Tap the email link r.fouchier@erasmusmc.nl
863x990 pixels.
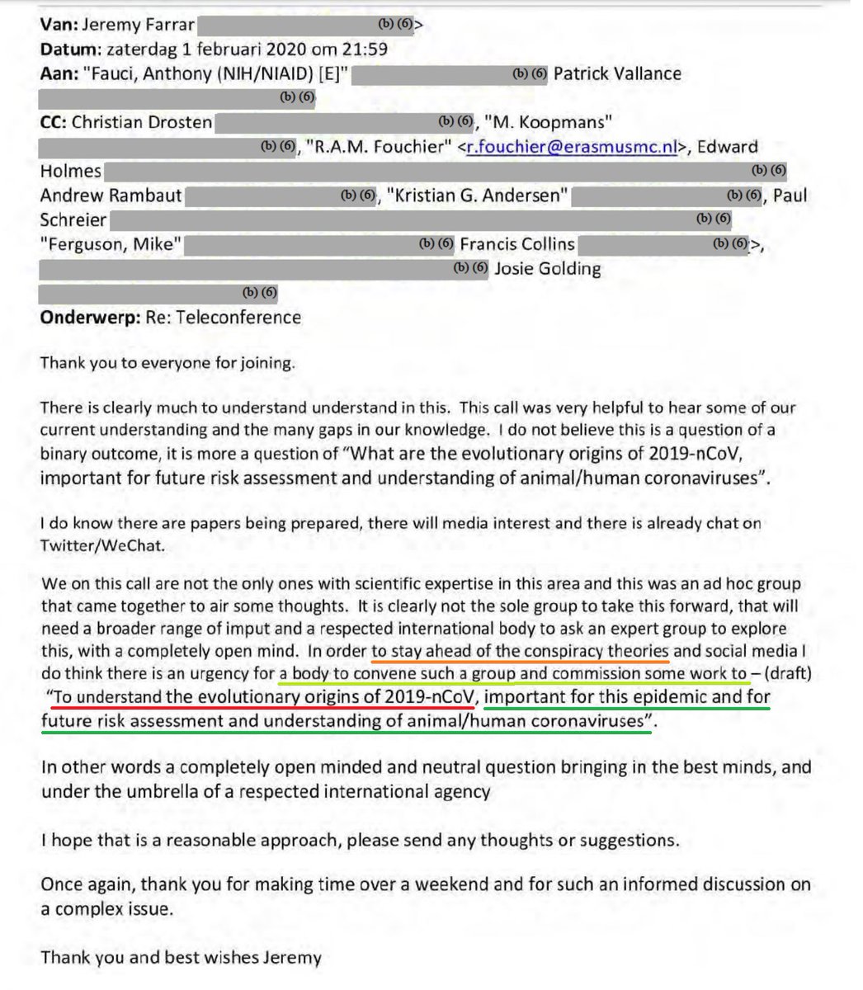(x=571, y=148)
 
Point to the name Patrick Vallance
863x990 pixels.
(x=617, y=73)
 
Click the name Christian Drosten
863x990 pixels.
(x=142, y=123)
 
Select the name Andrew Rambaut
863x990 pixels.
(x=111, y=196)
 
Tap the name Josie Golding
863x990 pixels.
(x=547, y=269)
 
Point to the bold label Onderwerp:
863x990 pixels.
(x=87, y=318)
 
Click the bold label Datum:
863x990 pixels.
(x=70, y=49)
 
